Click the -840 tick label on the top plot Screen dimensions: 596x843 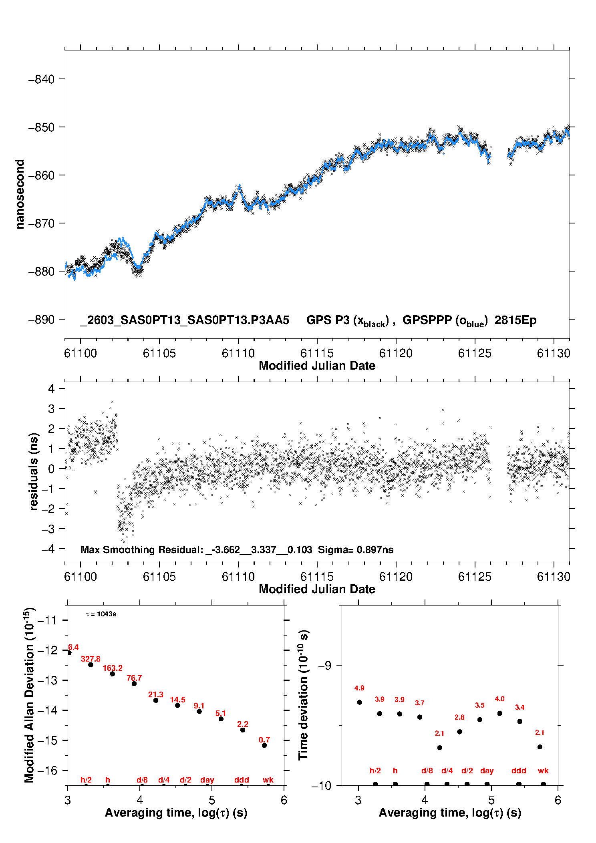pyautogui.click(x=41, y=79)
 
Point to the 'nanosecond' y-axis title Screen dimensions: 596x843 pyautogui.click(x=20, y=194)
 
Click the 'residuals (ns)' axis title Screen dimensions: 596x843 pyautogui.click(x=34, y=471)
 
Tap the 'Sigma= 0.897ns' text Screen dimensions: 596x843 pyautogui.click(x=356, y=549)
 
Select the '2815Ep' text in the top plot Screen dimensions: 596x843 pyautogui.click(x=515, y=320)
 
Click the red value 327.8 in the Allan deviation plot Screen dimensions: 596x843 pyautogui.click(x=91, y=659)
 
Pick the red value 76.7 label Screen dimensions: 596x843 pyautogui.click(x=134, y=678)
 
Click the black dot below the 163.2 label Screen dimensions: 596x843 pyautogui.click(x=113, y=674)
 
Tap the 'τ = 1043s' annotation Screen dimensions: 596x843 pyautogui.click(x=101, y=614)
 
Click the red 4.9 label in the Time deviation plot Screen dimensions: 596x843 pyautogui.click(x=359, y=688)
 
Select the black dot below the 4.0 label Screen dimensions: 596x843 pyautogui.click(x=500, y=713)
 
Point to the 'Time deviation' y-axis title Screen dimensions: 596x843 pyautogui.click(x=303, y=695)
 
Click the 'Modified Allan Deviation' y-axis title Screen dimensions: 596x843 pyautogui.click(x=30, y=695)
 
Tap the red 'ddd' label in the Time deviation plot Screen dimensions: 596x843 pyautogui.click(x=519, y=771)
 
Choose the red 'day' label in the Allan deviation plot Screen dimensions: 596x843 pyautogui.click(x=207, y=780)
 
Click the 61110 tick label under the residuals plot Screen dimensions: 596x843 pyautogui.click(x=238, y=577)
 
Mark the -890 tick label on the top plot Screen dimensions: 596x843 pyautogui.click(x=41, y=320)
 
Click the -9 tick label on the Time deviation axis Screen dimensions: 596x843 pyautogui.click(x=325, y=666)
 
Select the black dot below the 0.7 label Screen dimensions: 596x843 pyautogui.click(x=264, y=745)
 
